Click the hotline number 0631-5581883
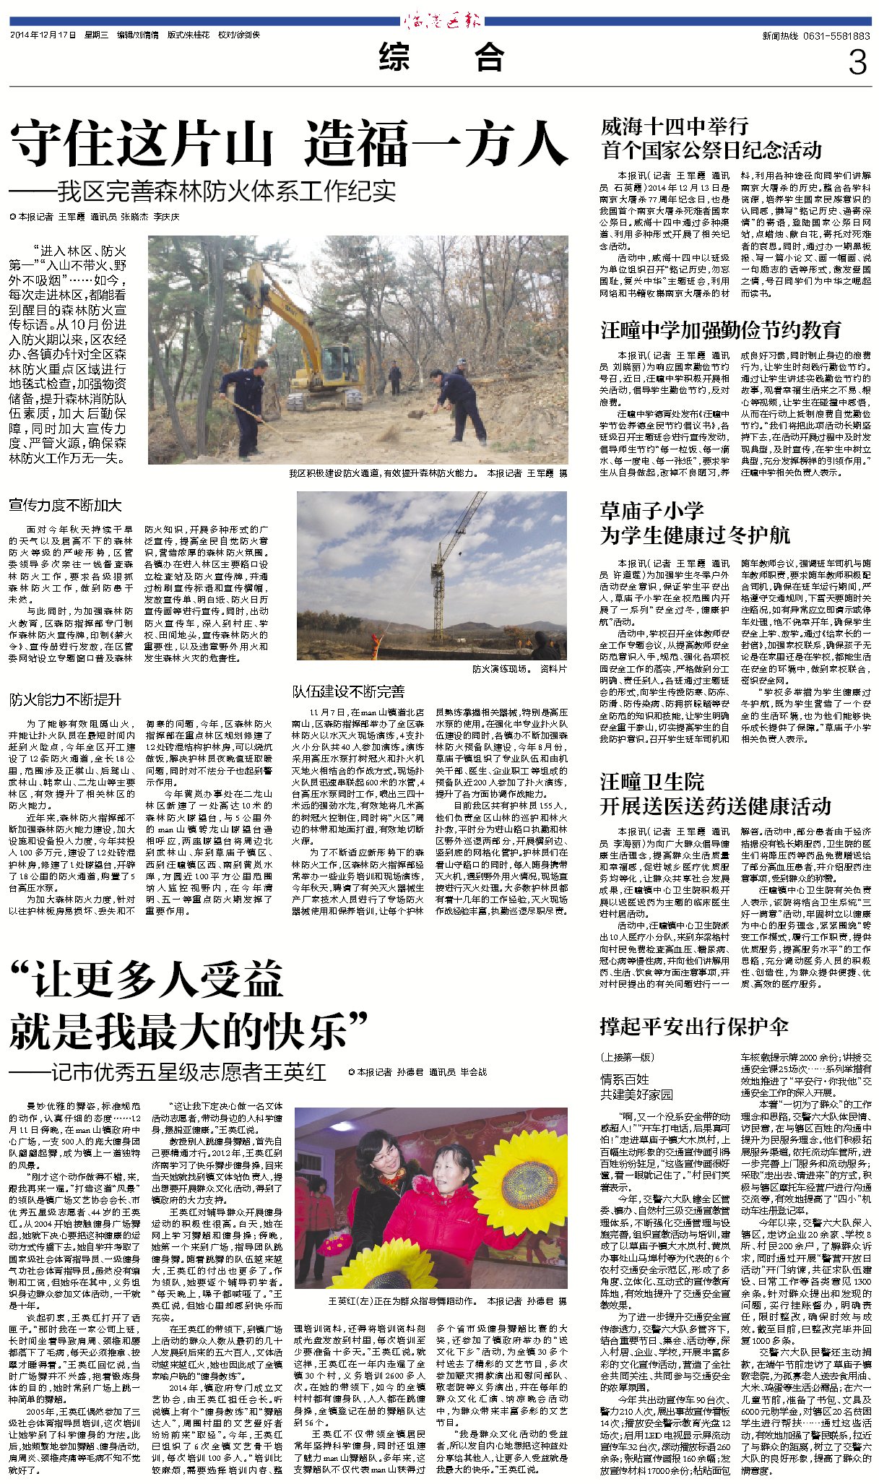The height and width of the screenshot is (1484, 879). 816,35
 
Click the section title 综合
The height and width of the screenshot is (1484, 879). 441,58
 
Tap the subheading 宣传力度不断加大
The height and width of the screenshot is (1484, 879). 66,505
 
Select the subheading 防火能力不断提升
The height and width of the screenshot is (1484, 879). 66,699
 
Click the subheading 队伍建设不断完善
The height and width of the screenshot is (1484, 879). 348,691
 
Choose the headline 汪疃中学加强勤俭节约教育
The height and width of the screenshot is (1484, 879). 721,330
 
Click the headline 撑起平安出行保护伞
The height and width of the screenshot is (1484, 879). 693,1027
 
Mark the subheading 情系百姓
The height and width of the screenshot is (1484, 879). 625,1079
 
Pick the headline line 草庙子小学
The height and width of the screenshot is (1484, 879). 651,511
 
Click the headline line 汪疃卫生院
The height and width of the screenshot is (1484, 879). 651,782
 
